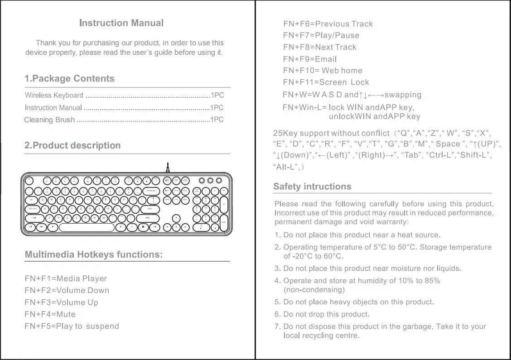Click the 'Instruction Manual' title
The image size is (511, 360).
point(121,23)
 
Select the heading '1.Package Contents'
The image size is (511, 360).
point(69,79)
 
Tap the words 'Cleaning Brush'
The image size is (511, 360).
point(49,120)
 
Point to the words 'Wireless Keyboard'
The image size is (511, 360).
point(54,96)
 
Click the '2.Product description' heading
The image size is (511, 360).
point(72,146)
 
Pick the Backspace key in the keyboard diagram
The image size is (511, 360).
point(151,191)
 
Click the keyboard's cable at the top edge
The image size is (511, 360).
point(168,167)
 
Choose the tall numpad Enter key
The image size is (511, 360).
point(224,221)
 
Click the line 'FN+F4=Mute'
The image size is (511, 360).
point(50,314)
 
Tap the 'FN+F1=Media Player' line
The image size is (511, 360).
point(66,278)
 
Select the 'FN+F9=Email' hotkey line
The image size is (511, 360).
point(310,59)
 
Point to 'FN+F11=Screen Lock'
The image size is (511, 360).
point(326,82)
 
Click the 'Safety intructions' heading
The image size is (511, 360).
point(312,187)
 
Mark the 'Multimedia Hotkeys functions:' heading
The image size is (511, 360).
point(93,254)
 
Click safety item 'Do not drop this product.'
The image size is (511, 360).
point(326,314)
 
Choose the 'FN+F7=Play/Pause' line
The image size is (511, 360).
point(321,35)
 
